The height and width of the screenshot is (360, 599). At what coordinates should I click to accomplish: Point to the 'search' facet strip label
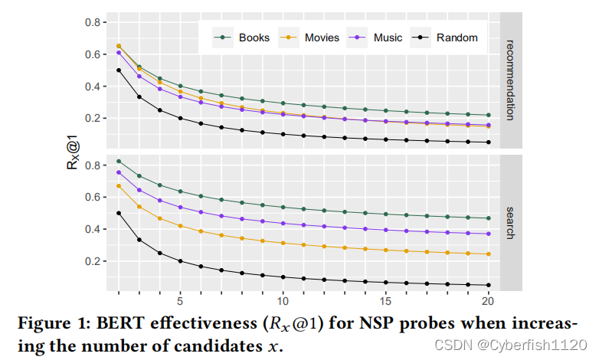[512, 222]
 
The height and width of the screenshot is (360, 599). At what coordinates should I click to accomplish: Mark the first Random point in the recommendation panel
[119, 70]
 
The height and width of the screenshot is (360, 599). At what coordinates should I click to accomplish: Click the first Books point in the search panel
[119, 161]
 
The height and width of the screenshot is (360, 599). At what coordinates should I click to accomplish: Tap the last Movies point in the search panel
[489, 254]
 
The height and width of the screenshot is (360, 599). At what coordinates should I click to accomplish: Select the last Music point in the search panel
[489, 234]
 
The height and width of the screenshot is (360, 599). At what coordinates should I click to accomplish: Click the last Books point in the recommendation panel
[489, 115]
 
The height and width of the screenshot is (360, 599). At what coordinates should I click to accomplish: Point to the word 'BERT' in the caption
[119, 323]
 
